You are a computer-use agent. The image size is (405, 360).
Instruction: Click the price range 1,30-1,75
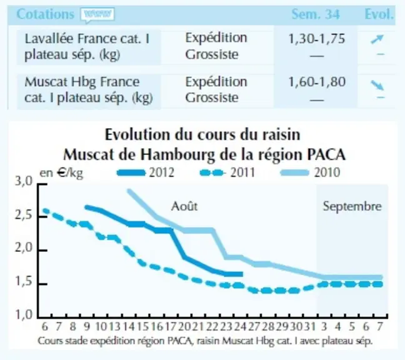tap(317, 39)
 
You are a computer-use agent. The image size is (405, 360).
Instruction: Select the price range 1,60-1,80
tap(317, 82)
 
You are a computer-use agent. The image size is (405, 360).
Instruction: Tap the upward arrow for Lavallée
tap(377, 39)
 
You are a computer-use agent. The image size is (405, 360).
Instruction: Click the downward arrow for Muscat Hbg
tap(377, 85)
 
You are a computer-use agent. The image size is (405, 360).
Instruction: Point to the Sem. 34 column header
tap(316, 14)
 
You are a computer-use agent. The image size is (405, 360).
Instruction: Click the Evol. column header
tap(379, 14)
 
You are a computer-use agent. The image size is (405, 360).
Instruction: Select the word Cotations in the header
tap(45, 14)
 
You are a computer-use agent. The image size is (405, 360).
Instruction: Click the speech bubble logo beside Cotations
tap(97, 15)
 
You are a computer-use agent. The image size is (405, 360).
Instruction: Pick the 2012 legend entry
tap(146, 172)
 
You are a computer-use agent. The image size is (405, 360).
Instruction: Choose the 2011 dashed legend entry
tap(227, 172)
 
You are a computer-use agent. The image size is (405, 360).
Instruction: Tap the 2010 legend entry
tap(310, 172)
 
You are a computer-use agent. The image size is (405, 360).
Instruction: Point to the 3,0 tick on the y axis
tap(24, 181)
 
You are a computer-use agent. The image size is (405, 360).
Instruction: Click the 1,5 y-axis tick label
tap(24, 281)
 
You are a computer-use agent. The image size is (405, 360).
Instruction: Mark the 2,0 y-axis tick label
tap(24, 248)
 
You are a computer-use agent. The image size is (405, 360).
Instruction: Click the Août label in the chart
tap(184, 206)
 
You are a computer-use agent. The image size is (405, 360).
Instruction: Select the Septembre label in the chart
tap(352, 207)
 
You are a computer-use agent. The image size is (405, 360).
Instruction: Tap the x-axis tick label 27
tap(254, 327)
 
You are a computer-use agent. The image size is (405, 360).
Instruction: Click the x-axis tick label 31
tap(310, 327)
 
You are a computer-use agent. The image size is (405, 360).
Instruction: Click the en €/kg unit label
tap(61, 173)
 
